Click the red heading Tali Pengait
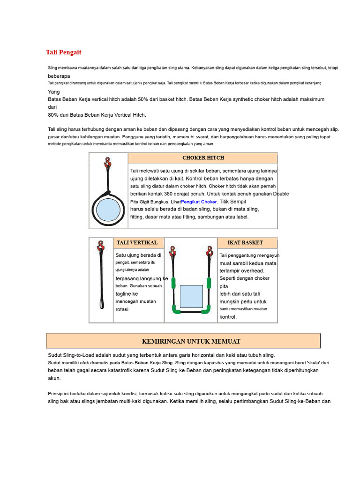[x=64, y=52]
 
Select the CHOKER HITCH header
[x=203, y=157]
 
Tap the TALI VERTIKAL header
[x=137, y=242]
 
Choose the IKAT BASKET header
[x=245, y=242]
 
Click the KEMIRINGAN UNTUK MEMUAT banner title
[x=191, y=341]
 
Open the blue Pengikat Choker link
[x=199, y=202]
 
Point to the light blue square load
[x=191, y=296]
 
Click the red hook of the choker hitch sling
[x=107, y=163]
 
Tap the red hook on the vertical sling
[x=100, y=246]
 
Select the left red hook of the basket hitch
[x=173, y=251]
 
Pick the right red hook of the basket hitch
[x=210, y=251]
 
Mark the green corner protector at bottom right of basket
[x=207, y=310]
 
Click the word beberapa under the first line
[x=59, y=76]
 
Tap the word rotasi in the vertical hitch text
[x=122, y=309]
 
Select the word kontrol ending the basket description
[x=228, y=317]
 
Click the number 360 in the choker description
[x=168, y=194]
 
